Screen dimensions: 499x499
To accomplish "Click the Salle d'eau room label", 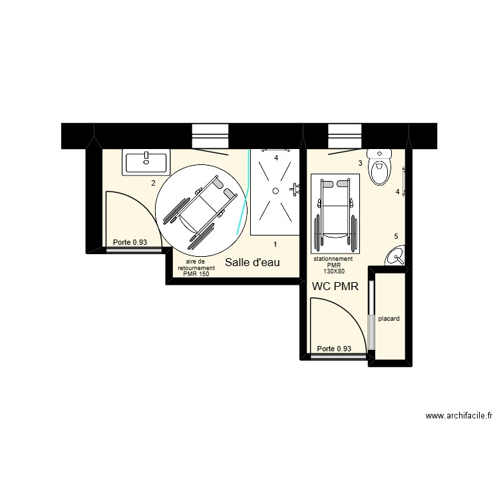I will tap(252, 263).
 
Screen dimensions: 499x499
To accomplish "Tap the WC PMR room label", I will tap(335, 287).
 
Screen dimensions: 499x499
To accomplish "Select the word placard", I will tap(389, 319).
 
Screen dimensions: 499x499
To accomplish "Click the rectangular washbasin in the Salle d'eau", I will tap(146, 160).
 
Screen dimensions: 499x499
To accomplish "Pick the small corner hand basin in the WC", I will tap(397, 256).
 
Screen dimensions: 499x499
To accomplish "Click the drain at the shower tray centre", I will tap(273, 190).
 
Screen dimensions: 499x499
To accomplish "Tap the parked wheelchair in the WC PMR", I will tap(335, 213).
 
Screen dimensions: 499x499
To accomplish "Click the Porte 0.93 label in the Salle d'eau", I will tap(130, 243).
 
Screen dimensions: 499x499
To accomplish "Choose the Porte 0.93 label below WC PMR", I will tap(334, 349).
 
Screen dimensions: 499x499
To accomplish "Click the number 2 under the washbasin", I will tap(153, 183).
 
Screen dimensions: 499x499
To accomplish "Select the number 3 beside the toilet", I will tap(360, 163).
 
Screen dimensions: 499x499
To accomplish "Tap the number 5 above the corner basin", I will tap(396, 236).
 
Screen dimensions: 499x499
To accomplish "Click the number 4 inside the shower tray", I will tap(276, 158).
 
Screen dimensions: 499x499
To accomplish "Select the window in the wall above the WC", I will tap(344, 135).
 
